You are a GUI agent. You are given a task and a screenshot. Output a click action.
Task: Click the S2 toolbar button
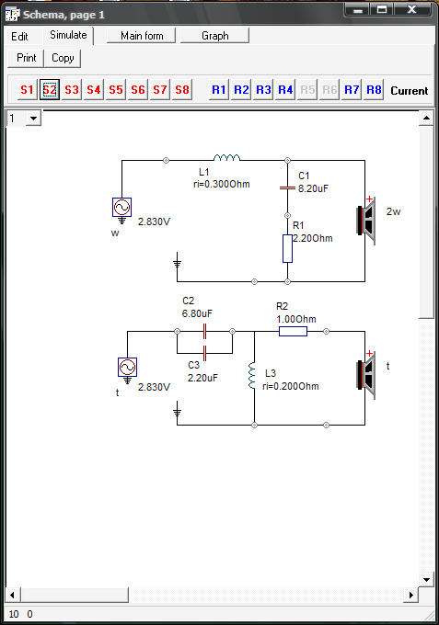[50, 90]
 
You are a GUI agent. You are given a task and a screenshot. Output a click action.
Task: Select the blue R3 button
[263, 90]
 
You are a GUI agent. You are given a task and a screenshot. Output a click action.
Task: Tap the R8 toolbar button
[374, 90]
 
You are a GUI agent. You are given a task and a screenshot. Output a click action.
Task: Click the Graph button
[215, 36]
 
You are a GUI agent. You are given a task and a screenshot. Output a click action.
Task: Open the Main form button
[142, 36]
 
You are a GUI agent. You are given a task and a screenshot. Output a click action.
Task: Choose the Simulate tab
[68, 35]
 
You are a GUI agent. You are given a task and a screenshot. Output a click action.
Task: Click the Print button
[27, 58]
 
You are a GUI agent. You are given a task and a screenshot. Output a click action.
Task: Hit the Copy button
[63, 58]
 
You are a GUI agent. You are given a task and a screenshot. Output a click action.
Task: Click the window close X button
[412, 9]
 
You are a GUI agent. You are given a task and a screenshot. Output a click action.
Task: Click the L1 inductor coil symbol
[226, 158]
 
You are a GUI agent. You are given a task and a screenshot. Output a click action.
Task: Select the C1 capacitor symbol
[287, 187]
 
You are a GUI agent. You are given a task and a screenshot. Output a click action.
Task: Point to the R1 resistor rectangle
[287, 249]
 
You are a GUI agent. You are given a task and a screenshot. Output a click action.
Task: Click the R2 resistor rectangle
[293, 331]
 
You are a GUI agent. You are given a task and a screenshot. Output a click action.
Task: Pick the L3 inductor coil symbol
[251, 375]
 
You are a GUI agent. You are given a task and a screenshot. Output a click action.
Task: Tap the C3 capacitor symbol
[204, 353]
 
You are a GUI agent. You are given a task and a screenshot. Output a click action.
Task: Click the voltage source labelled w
[121, 208]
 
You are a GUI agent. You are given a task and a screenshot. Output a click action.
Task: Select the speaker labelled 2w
[366, 221]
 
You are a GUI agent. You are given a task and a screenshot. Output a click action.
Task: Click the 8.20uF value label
[313, 188]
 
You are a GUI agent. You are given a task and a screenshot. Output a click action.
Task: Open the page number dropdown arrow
[33, 119]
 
